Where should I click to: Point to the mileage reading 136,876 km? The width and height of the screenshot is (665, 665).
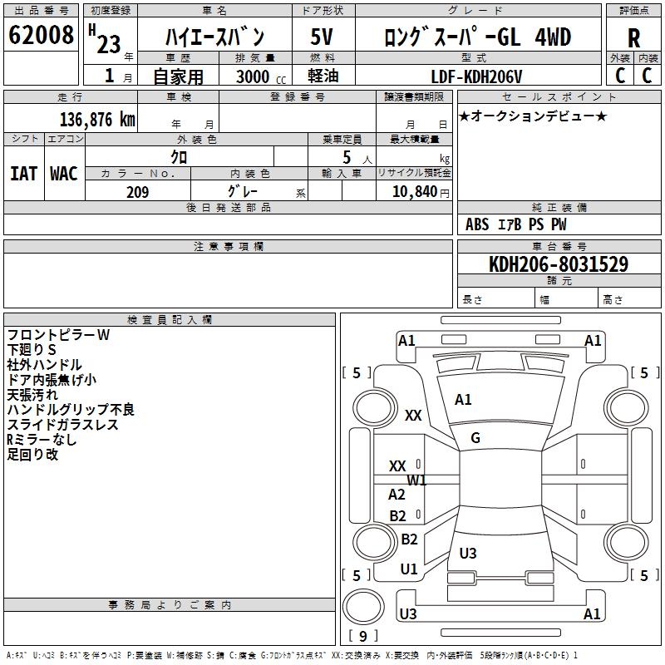[x=96, y=119]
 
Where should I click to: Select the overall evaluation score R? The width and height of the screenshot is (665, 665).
[x=633, y=38]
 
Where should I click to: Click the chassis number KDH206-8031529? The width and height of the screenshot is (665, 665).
[x=559, y=264]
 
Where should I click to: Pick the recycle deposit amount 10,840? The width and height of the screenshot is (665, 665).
[x=412, y=191]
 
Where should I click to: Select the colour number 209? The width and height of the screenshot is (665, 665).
[x=137, y=192]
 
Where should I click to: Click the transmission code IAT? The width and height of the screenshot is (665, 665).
[x=23, y=174]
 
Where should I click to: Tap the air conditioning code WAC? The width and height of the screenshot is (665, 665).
[x=64, y=174]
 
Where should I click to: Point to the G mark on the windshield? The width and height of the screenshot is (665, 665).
[x=475, y=438]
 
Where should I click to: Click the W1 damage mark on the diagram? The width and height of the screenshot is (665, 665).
[x=416, y=480]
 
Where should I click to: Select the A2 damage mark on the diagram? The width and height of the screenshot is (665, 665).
[x=397, y=495]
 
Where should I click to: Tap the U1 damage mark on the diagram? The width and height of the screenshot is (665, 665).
[x=408, y=569]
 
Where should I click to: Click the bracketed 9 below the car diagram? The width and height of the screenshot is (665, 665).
[x=362, y=636]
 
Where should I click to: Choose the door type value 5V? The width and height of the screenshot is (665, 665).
[x=323, y=37]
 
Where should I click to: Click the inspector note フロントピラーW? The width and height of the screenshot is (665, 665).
[x=58, y=335]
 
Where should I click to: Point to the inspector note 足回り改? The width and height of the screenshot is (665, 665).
[x=32, y=455]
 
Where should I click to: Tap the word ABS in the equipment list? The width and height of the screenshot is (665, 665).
[x=477, y=224]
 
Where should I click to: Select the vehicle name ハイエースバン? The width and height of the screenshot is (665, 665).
[x=214, y=37]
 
